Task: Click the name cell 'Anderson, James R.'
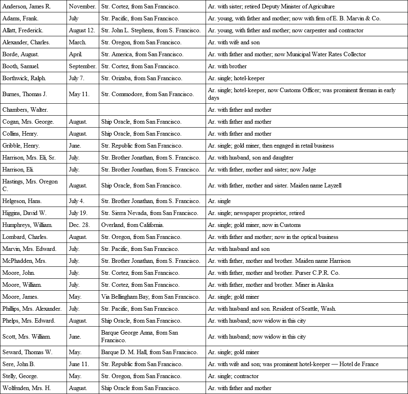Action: (x=26, y=6)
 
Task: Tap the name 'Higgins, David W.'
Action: (x=24, y=213)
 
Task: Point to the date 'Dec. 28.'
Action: (x=79, y=225)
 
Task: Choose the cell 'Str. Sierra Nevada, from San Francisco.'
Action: (x=149, y=213)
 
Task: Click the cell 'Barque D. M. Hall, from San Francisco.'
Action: (x=149, y=352)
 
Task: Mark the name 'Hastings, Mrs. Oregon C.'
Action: (x=30, y=185)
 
